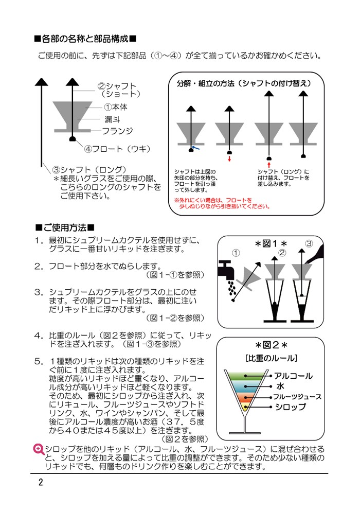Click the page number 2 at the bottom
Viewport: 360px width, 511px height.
click(x=40, y=483)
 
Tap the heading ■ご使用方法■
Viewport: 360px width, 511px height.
click(x=65, y=227)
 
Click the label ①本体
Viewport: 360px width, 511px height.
click(x=116, y=107)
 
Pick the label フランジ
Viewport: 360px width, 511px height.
click(x=117, y=131)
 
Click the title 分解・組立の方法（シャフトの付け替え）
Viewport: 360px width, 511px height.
click(x=243, y=82)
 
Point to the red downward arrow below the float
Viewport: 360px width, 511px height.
click(x=229, y=159)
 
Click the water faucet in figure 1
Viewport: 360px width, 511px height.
click(x=228, y=268)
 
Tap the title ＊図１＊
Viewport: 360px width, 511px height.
click(x=271, y=242)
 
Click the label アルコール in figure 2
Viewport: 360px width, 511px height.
click(x=294, y=376)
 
